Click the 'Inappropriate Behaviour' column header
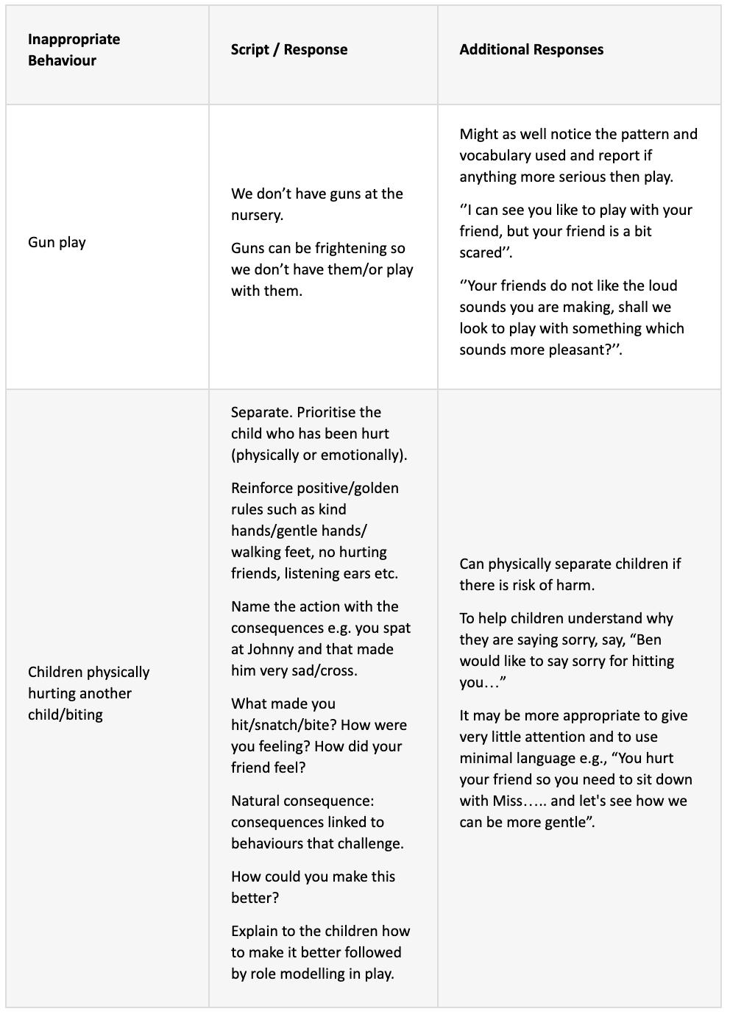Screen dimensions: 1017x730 point(74,49)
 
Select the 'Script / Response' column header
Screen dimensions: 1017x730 point(288,49)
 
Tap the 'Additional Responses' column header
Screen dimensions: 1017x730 point(531,49)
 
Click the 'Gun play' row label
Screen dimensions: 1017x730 point(57,242)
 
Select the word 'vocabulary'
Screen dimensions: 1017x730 point(495,155)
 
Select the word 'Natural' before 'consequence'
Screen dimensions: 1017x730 point(255,801)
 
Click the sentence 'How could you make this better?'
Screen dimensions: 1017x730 point(313,887)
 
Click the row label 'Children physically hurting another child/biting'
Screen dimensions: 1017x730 point(88,693)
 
